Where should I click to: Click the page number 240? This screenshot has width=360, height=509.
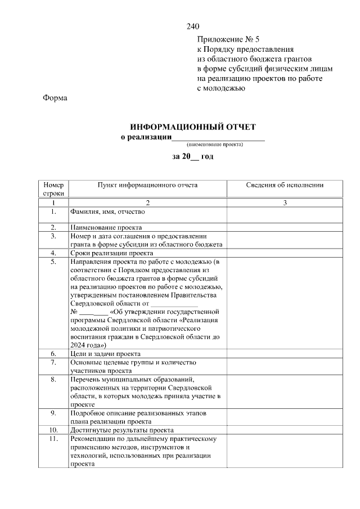tap(193, 26)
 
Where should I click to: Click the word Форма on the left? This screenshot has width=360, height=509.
tap(55, 98)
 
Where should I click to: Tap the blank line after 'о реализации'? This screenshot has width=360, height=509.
tap(218, 138)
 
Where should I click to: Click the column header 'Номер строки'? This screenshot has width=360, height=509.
tap(53, 189)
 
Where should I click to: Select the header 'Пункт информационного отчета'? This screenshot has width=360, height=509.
tap(147, 185)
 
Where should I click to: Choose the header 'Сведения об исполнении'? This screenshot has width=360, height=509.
tap(285, 185)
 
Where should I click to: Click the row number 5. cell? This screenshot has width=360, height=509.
tap(53, 262)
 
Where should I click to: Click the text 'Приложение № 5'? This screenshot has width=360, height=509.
tap(228, 39)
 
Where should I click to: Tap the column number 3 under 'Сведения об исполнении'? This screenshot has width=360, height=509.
tap(285, 202)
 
